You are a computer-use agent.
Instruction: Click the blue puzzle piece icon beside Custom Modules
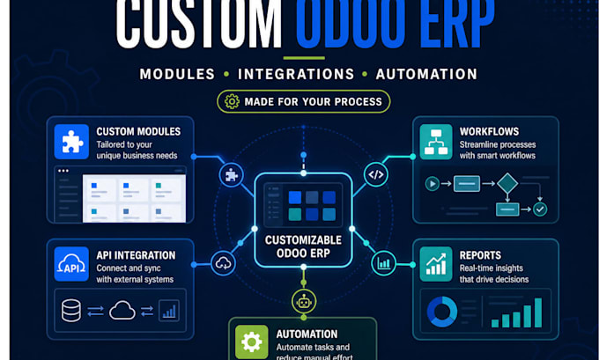tap(71, 142)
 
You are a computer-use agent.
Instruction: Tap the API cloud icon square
tap(71, 264)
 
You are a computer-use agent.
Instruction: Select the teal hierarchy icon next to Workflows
tap(436, 142)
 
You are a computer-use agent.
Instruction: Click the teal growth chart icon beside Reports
tap(436, 264)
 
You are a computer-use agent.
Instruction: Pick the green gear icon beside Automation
tap(251, 342)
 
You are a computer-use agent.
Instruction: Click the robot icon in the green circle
tap(304, 301)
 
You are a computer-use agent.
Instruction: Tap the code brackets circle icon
tap(376, 174)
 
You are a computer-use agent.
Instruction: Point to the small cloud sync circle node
tap(223, 263)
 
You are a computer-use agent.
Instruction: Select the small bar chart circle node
tap(383, 263)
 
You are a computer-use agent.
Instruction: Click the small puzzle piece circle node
tap(231, 175)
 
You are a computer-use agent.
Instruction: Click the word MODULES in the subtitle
tap(177, 74)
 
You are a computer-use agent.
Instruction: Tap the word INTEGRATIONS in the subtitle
tap(296, 74)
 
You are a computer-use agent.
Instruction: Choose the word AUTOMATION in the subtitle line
tap(426, 74)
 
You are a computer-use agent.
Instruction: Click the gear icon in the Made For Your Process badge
tap(232, 101)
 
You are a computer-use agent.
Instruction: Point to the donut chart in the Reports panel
tap(442, 312)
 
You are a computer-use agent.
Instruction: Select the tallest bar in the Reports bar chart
tap(538, 312)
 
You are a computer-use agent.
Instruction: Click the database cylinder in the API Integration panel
tap(71, 311)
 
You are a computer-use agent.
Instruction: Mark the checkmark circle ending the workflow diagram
tap(540, 209)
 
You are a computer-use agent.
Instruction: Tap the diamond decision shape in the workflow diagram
tap(507, 183)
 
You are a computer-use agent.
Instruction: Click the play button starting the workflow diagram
tap(432, 184)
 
